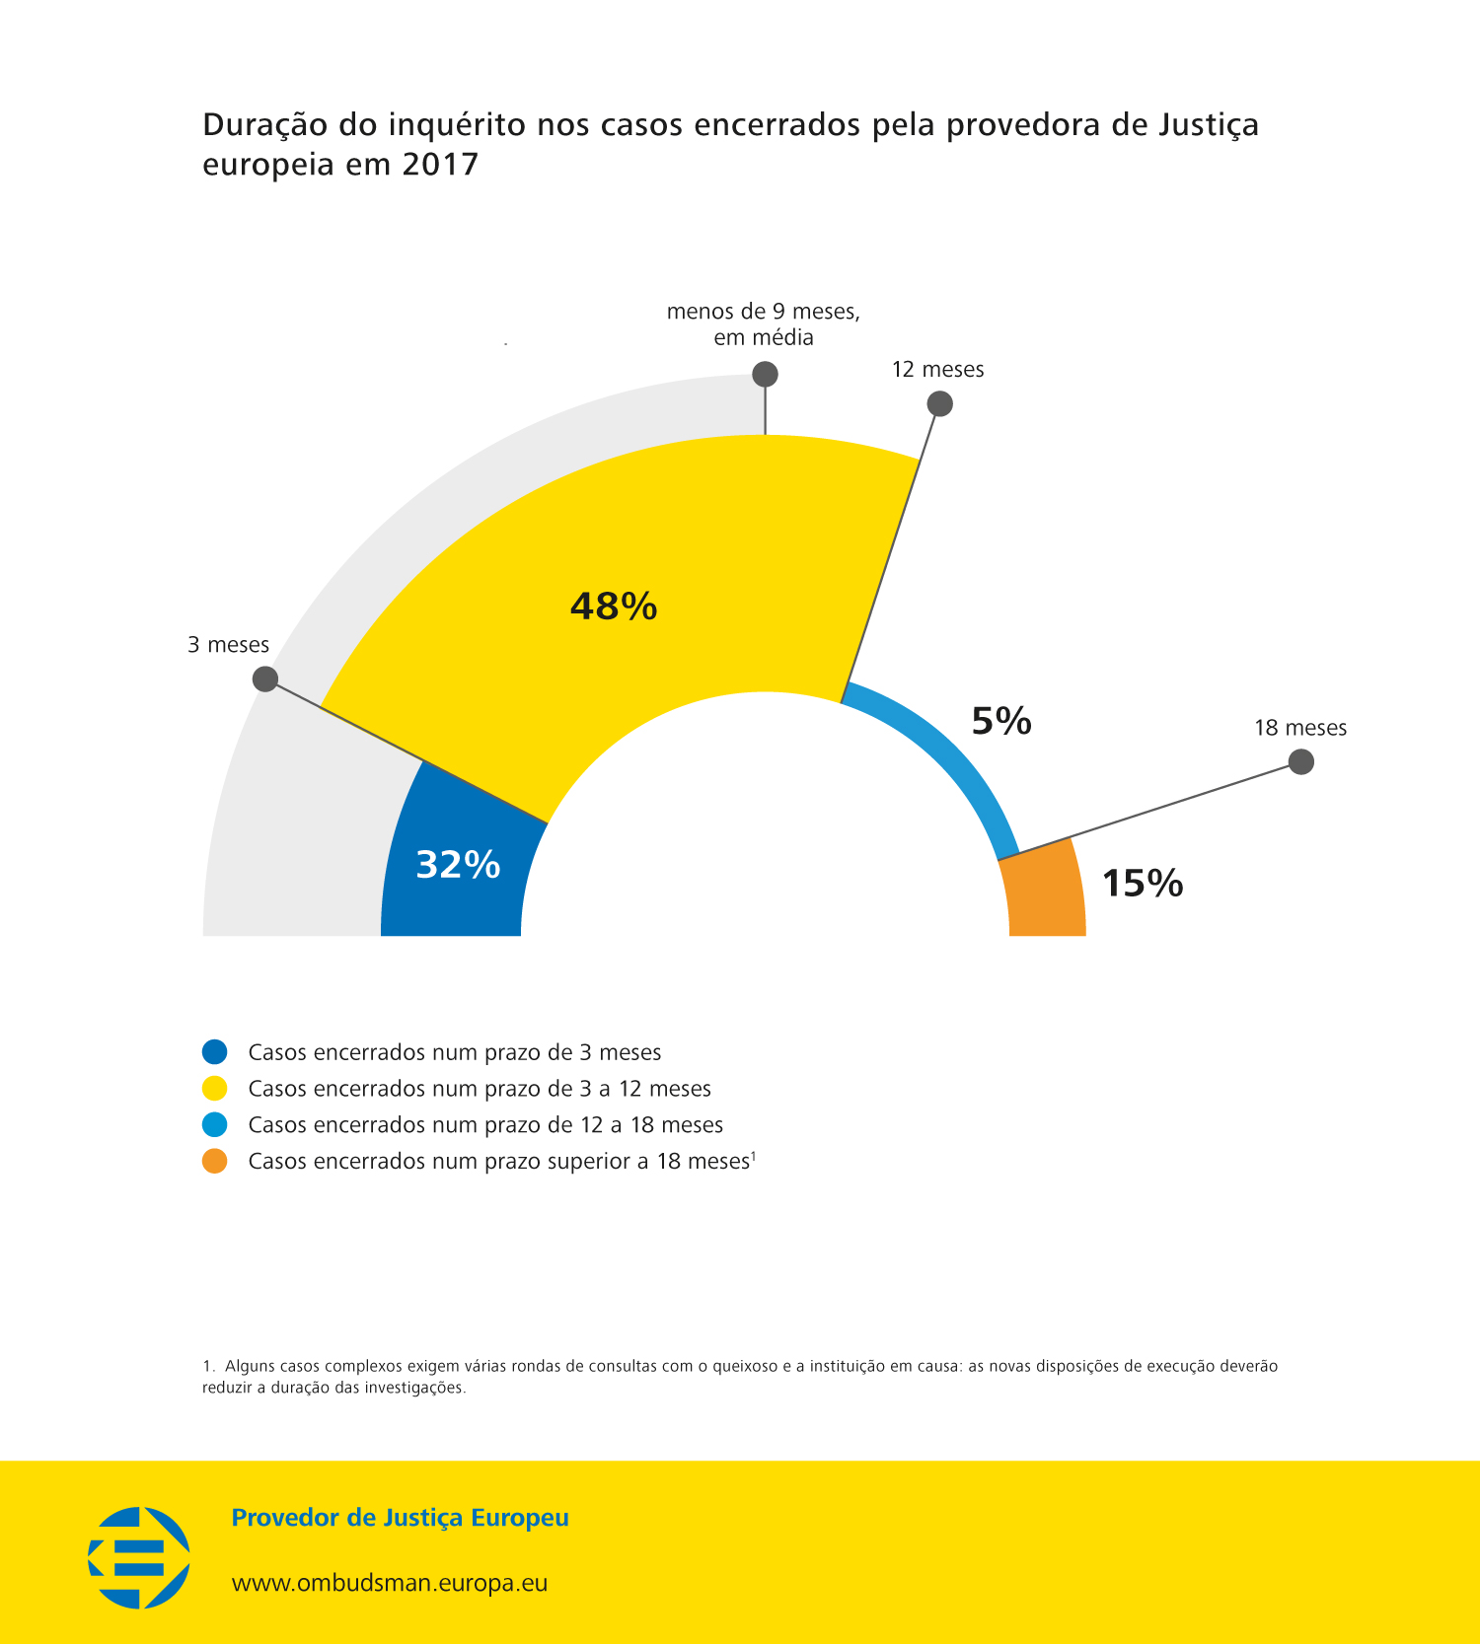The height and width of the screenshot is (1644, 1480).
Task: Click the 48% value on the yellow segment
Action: click(x=614, y=606)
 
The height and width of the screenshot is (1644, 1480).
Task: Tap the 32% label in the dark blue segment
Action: click(x=458, y=865)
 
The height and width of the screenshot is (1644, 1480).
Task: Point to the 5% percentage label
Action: click(x=1001, y=721)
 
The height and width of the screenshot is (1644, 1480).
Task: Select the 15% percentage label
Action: click(x=1142, y=883)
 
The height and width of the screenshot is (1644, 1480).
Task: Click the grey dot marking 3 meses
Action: click(x=264, y=679)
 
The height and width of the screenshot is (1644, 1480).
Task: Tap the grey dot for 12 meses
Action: click(x=939, y=403)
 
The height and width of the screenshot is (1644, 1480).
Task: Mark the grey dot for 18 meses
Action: click(x=1301, y=761)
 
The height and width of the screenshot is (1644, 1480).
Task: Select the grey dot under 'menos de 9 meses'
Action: click(x=765, y=374)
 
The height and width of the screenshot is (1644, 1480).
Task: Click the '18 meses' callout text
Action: click(x=1299, y=728)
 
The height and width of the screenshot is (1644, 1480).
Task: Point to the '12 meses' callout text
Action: click(x=937, y=370)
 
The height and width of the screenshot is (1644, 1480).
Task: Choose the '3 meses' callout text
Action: click(x=228, y=645)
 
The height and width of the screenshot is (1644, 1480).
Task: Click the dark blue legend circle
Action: click(x=214, y=1052)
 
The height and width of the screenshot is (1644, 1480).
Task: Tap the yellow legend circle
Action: click(x=214, y=1089)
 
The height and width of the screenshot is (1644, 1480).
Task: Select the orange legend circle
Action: click(x=214, y=1162)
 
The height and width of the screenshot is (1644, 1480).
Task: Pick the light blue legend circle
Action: click(x=214, y=1125)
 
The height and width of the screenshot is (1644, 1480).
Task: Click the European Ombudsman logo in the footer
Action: click(x=139, y=1557)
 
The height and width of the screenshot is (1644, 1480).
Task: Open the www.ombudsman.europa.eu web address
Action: click(x=389, y=1584)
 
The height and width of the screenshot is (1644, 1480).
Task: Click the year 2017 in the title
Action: click(x=440, y=164)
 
